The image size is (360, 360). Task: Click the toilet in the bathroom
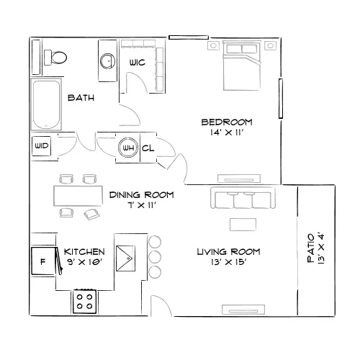tap(55, 58)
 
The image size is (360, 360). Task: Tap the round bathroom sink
tap(107, 61)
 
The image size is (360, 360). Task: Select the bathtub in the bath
tap(46, 104)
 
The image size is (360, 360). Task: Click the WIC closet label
tap(138, 63)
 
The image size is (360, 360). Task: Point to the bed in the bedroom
tap(242, 66)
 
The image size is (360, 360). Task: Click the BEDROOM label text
tap(227, 122)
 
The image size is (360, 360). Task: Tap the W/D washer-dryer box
tap(42, 146)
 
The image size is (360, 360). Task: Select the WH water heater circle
tap(128, 148)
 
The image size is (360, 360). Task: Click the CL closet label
tap(148, 148)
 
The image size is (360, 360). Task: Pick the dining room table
tap(78, 196)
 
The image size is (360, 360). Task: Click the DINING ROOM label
tap(142, 194)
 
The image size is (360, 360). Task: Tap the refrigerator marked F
tap(43, 261)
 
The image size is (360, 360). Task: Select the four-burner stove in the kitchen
tap(85, 302)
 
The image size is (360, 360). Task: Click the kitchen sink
tap(125, 258)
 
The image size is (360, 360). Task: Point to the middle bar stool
tap(155, 257)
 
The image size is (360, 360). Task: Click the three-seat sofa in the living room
tap(243, 197)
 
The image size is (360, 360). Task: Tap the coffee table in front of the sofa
tap(243, 225)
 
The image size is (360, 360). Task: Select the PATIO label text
tap(311, 248)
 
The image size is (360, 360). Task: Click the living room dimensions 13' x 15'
tap(229, 262)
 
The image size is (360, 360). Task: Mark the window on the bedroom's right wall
tap(281, 99)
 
